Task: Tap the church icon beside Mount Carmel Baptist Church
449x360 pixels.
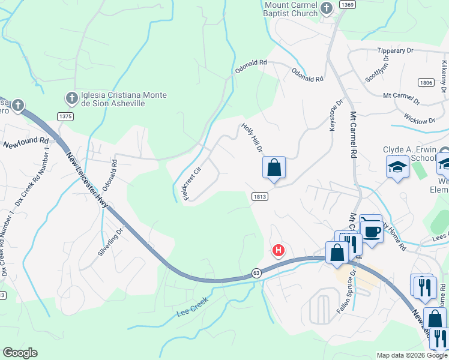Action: (326, 8)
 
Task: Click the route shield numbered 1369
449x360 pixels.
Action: (346, 4)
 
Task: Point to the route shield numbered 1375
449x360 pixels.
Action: (65, 116)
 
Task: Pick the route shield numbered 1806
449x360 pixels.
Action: (426, 82)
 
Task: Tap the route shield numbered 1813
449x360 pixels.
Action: (259, 196)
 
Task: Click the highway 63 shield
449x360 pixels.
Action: (257, 273)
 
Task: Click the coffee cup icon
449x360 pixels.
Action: (372, 231)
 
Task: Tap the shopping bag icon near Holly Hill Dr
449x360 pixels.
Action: (274, 167)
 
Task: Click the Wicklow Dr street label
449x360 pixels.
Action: (419, 118)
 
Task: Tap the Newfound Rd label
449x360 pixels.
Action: (25, 143)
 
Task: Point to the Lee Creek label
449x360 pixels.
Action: (192, 307)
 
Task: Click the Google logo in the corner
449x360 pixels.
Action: (20, 353)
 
